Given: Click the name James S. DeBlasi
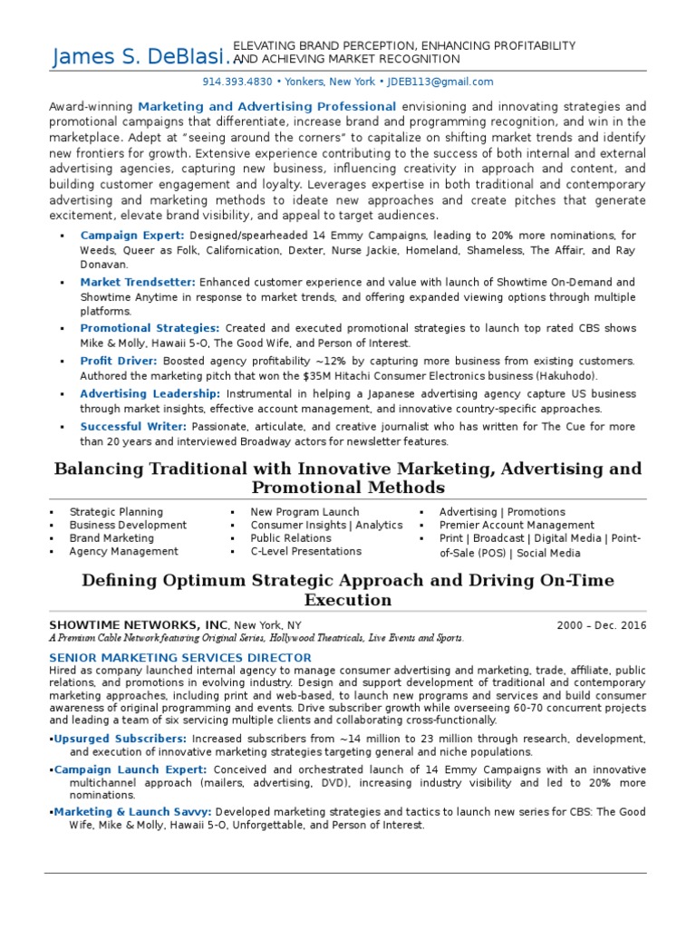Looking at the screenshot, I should [140, 58].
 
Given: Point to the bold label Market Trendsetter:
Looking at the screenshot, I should [139, 282].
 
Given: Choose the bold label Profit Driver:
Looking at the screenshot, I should [120, 361].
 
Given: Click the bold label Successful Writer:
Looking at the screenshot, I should [133, 426].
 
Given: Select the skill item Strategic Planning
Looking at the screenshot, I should [116, 512].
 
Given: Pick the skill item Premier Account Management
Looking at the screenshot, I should [517, 525].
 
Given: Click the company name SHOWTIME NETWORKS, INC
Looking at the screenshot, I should [138, 625].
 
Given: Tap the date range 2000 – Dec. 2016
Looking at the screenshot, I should [602, 625].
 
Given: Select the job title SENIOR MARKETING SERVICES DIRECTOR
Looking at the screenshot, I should [180, 657].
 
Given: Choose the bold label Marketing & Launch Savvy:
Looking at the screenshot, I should [133, 812].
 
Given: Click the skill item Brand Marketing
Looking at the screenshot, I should [111, 538].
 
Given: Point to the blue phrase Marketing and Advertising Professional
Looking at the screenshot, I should [267, 106].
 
